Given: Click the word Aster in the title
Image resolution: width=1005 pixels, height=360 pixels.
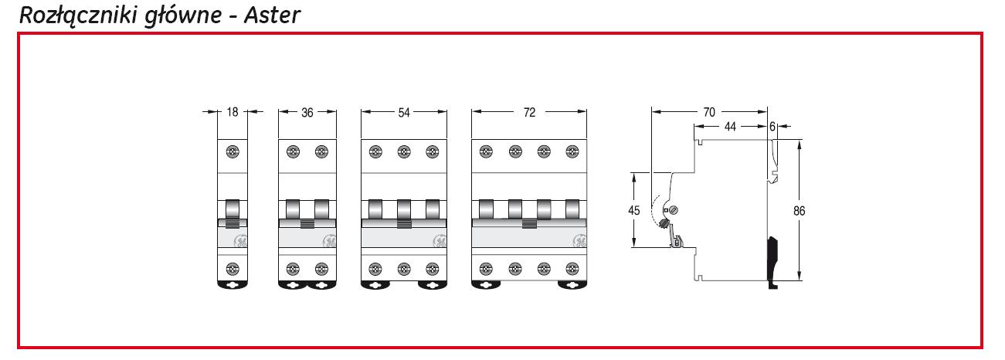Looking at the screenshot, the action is click(272, 15).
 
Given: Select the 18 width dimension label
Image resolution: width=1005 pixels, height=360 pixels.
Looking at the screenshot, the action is click(233, 112).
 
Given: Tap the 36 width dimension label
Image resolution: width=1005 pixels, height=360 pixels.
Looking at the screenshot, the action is click(307, 112).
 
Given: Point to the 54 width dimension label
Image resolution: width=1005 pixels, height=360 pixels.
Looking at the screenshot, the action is click(404, 112).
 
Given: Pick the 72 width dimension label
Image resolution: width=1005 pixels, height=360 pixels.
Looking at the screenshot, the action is click(529, 112).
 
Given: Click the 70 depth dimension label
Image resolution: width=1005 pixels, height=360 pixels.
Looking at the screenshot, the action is click(709, 112).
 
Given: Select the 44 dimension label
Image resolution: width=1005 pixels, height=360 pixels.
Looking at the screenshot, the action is click(731, 127).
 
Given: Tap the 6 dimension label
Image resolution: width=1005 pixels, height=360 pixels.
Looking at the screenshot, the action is click(772, 127).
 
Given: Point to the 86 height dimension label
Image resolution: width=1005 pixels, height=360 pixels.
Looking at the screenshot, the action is click(799, 211).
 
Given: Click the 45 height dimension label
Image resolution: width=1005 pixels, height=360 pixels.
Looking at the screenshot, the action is click(634, 210).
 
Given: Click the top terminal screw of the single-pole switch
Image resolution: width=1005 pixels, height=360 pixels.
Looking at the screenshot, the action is click(233, 151).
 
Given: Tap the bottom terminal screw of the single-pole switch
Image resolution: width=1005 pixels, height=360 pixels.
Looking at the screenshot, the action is click(233, 270).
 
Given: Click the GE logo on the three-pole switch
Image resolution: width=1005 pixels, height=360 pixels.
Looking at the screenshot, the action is click(440, 242).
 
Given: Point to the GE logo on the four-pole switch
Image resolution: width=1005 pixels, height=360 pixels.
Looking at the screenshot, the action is click(579, 242).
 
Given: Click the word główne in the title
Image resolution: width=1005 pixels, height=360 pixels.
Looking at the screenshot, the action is click(183, 16).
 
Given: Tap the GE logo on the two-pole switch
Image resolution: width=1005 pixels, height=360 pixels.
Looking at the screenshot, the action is click(330, 242).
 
